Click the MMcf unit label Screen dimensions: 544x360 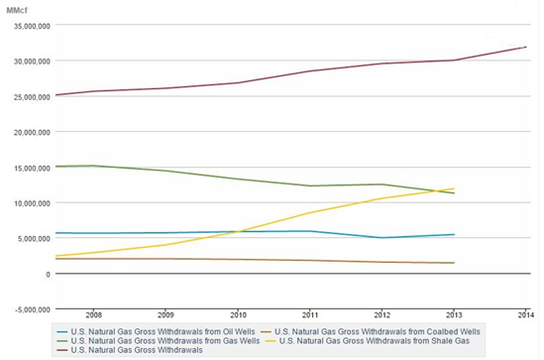click(16, 11)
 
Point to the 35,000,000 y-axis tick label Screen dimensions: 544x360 click(32, 26)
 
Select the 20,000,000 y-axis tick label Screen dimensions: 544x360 click(32, 132)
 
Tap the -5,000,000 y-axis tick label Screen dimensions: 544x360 click(33, 309)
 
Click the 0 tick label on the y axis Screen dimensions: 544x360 click(48, 275)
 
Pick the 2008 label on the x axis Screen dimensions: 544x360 click(94, 314)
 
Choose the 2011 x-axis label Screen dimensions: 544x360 click(310, 314)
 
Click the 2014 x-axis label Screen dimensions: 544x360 click(526, 314)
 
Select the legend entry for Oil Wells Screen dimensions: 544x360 click(156, 331)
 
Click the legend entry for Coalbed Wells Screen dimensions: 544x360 click(371, 331)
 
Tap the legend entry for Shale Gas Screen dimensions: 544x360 click(368, 341)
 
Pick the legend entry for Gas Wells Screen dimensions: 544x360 click(159, 341)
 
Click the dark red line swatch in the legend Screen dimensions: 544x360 click(62, 350)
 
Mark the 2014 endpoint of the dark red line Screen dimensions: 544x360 click(526, 47)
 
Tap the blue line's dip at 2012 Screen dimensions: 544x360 click(381, 238)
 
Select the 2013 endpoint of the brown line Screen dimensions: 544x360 click(454, 263)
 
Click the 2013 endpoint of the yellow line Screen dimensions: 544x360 click(454, 188)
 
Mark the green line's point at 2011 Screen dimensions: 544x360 click(310, 185)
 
